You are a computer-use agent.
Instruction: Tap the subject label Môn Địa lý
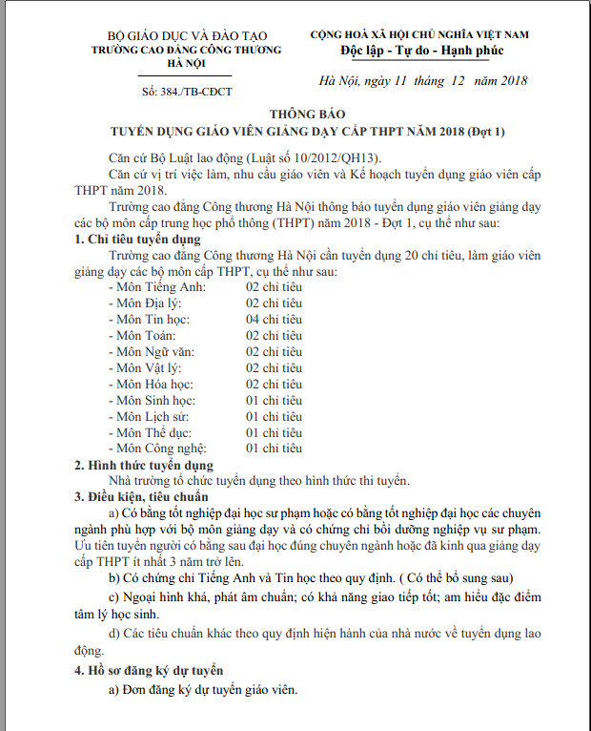coord(144,303)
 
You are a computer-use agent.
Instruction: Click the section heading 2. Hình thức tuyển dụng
coord(145,465)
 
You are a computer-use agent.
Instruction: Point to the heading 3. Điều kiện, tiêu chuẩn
coord(142,497)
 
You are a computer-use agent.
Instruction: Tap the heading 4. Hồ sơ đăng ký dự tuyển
coord(149,670)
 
